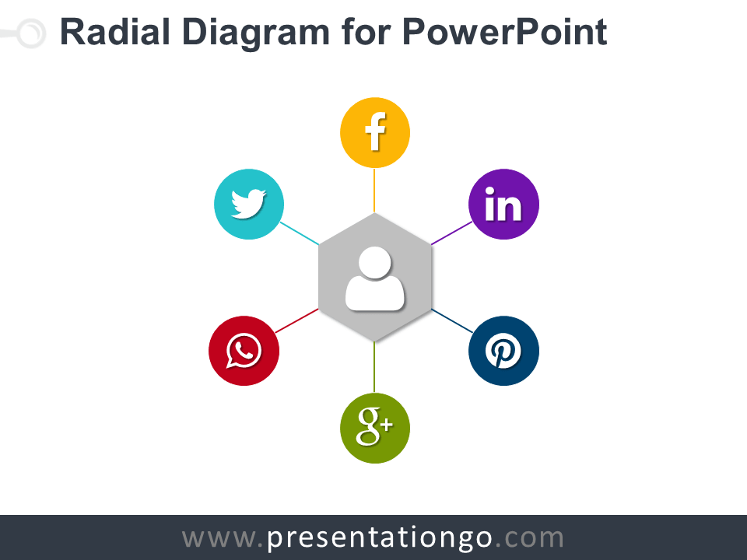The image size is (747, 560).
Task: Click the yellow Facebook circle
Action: [375, 132]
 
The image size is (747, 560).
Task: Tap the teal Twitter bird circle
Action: [249, 204]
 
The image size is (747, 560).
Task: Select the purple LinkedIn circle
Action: [503, 204]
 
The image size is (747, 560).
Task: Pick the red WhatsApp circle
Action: [244, 351]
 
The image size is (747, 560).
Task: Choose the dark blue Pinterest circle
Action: [503, 351]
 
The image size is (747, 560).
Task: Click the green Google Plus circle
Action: [375, 428]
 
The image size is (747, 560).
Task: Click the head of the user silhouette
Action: [375, 262]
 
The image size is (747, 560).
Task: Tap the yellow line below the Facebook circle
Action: [374, 190]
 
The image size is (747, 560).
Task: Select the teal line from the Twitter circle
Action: [299, 233]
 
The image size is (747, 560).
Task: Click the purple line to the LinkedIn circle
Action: [451, 233]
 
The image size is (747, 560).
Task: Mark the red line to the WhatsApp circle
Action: [296, 321]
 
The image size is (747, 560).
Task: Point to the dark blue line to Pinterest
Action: [452, 321]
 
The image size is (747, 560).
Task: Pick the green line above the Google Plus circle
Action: [374, 367]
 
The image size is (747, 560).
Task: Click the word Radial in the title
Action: [115, 32]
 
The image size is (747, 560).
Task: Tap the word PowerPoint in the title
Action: [504, 32]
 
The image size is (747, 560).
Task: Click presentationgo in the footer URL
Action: [380, 538]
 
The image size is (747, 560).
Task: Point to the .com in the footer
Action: [529, 538]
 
